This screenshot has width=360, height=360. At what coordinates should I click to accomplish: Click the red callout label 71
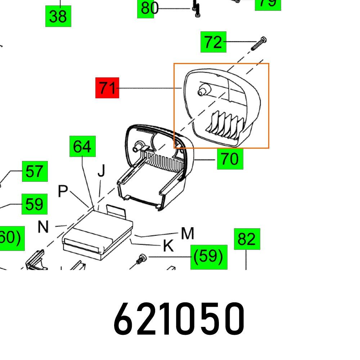pos(107,87)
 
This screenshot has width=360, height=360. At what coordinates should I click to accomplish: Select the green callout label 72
pos(213,42)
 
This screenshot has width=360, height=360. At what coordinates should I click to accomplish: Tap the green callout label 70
pos(230,159)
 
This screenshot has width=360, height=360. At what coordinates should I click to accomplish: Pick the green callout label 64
pos(82,146)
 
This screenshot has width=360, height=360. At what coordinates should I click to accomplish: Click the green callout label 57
pos(35,171)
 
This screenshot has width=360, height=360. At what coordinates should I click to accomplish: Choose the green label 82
pos(247,239)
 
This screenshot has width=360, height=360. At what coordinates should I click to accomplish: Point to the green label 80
pos(147,8)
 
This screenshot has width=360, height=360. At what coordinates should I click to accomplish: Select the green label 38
pos(58,16)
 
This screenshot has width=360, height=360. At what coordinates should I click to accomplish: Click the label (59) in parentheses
pos(209,257)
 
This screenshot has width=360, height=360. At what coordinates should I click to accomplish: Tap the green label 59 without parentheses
pos(35,204)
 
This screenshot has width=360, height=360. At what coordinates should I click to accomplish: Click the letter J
pos(102,172)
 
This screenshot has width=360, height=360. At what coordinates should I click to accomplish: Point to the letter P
pos(63,192)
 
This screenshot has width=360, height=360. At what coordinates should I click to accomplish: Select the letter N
pos(43,227)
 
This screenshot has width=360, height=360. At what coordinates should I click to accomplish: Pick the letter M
pos(188,234)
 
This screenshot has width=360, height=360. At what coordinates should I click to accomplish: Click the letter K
pos(168,246)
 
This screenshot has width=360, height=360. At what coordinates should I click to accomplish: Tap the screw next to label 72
pos(260,44)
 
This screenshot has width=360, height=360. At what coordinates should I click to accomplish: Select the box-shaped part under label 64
pos(97,232)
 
